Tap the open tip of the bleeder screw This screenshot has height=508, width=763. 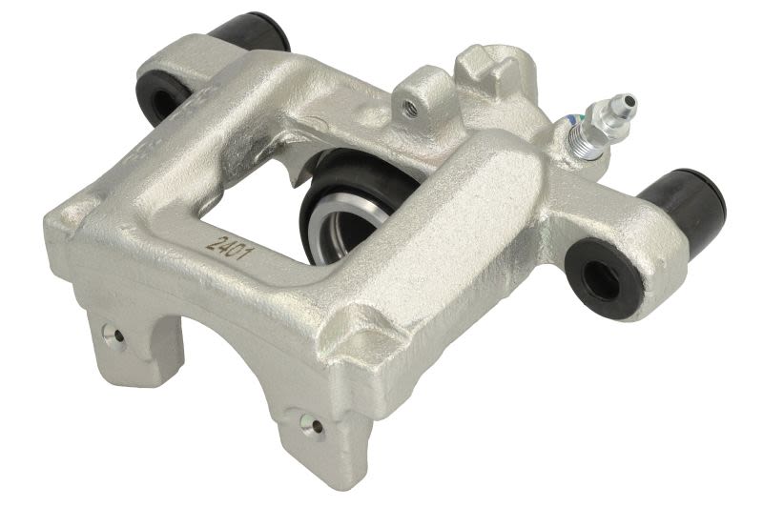[629, 101]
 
